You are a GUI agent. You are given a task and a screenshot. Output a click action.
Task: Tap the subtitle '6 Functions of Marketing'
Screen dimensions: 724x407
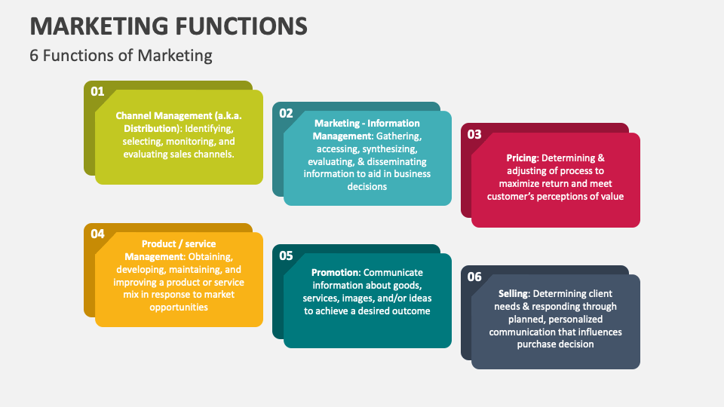(121, 55)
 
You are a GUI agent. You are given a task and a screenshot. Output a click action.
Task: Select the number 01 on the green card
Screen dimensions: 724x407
(97, 91)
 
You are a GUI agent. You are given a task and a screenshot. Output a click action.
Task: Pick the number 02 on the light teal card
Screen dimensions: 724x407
(286, 113)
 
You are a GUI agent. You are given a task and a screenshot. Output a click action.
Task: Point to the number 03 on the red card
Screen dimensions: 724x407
(474, 134)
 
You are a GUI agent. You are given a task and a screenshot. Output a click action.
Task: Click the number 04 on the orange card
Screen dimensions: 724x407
(97, 234)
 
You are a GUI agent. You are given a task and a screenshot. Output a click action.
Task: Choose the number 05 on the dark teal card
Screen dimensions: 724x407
(286, 256)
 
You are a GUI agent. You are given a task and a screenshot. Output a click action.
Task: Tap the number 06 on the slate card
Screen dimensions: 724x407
(474, 277)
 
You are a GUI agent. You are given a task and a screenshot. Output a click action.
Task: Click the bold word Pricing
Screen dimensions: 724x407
(522, 158)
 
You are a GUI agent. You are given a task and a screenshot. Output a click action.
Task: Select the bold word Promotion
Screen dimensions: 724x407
(335, 272)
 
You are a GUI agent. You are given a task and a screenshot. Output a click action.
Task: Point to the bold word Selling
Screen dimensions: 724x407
(513, 293)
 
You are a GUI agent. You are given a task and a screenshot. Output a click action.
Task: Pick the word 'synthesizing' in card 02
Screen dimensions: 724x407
(390, 149)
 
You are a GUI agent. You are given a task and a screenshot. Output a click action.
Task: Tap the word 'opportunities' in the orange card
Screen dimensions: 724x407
(179, 308)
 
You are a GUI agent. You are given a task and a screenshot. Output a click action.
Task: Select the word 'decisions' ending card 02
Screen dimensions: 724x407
(367, 187)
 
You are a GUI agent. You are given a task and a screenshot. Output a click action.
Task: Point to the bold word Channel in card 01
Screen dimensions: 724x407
(133, 116)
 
